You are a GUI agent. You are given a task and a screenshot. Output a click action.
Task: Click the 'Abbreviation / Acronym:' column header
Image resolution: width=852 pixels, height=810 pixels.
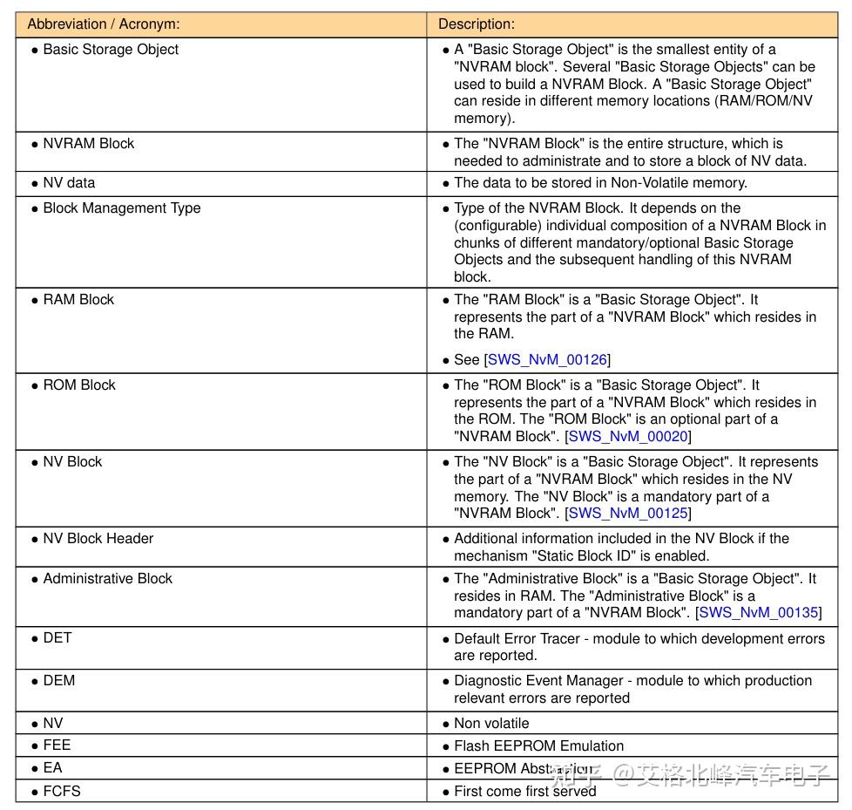(103, 24)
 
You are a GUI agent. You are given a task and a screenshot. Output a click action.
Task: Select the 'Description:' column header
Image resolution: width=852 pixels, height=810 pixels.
(476, 24)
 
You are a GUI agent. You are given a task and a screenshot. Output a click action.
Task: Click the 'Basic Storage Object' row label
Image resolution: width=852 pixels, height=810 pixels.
(111, 50)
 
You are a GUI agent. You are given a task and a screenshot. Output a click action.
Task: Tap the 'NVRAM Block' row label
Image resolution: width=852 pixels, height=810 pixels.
(88, 144)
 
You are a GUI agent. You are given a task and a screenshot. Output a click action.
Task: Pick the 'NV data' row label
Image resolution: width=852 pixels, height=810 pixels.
(69, 183)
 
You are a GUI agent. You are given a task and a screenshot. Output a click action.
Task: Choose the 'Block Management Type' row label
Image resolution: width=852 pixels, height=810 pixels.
(121, 208)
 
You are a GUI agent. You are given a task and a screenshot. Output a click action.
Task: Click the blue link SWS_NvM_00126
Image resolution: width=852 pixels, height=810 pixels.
(547, 360)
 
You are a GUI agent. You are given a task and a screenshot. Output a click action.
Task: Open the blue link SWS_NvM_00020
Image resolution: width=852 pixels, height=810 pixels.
(627, 437)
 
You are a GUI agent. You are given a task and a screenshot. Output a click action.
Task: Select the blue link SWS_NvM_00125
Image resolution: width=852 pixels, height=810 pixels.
(626, 514)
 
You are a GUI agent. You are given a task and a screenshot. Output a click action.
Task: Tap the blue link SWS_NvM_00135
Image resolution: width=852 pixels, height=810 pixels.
(759, 613)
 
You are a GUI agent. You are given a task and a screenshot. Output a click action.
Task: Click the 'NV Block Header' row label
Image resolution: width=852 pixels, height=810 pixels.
(98, 539)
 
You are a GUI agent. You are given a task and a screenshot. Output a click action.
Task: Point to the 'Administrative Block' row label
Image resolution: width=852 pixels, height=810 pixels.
(107, 579)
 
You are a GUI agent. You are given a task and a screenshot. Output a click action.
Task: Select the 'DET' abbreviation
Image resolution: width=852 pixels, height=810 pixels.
(57, 638)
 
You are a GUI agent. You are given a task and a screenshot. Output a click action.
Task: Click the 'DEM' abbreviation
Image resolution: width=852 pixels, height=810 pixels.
(58, 680)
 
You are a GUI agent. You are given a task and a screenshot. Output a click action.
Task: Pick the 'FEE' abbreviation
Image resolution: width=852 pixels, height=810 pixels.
(57, 745)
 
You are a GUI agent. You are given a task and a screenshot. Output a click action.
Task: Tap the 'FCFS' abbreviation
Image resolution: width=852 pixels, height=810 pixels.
(62, 792)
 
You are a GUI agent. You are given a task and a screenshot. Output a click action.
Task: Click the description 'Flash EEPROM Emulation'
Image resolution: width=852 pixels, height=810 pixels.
(538, 746)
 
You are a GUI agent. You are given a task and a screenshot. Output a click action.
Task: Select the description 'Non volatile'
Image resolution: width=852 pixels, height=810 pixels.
(491, 724)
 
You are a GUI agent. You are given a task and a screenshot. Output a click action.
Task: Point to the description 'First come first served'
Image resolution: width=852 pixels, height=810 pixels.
(524, 792)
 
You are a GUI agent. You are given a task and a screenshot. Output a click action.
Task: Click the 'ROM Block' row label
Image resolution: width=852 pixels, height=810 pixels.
(78, 385)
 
